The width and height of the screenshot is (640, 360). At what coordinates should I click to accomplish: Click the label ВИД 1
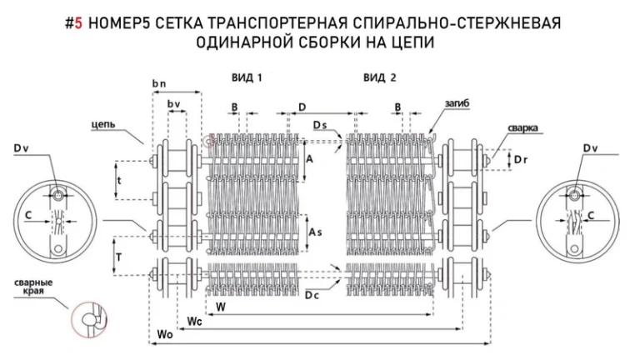point(247,77)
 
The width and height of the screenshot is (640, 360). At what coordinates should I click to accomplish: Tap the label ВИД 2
point(380,77)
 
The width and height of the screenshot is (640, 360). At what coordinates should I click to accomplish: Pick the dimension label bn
point(159,85)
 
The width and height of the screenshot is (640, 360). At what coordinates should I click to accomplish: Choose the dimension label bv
point(174,103)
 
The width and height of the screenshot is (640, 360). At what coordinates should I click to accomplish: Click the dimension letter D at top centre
point(302,107)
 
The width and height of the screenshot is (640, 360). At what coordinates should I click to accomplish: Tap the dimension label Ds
point(320,125)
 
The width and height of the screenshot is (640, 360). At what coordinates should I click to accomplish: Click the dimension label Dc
point(312,296)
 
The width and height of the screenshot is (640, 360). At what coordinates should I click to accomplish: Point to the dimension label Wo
point(164,334)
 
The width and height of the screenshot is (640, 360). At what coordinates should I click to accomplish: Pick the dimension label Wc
point(192,320)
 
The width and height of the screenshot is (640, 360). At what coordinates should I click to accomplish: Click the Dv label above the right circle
point(590,148)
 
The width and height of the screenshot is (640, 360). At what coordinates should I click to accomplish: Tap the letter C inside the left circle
point(28,215)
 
